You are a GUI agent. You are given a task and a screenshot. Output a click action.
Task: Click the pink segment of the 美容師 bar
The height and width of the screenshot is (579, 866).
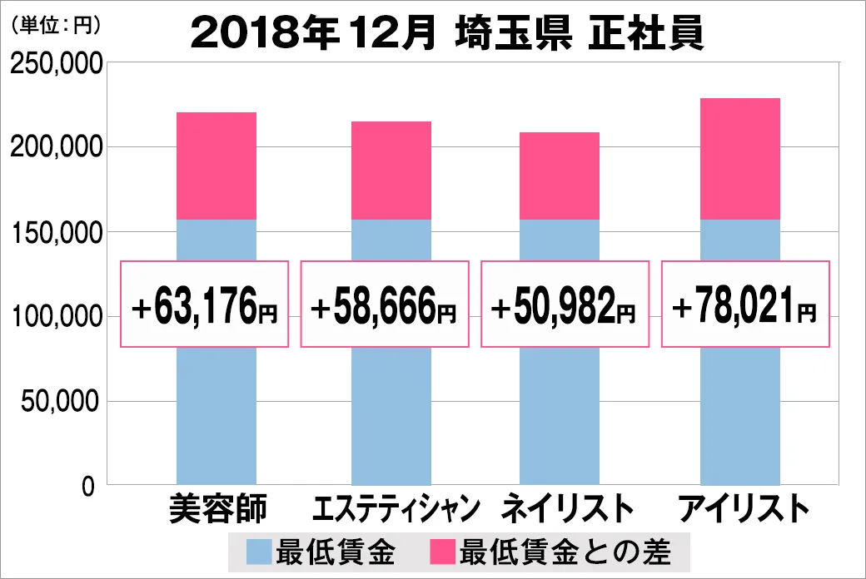pos(216,166)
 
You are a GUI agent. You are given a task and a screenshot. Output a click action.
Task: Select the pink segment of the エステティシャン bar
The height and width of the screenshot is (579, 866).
pos(391,171)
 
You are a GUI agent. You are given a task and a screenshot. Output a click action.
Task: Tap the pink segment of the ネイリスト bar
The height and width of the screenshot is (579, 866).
pos(559,176)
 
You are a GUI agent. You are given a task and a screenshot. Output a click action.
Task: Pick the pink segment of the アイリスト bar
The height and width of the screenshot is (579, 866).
pos(740,159)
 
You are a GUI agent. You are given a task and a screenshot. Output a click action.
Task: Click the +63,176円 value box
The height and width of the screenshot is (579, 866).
pos(205,304)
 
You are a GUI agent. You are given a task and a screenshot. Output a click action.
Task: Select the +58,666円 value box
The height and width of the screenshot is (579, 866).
pos(384,304)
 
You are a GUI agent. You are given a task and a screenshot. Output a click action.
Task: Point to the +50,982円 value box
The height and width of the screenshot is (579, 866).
pos(564,304)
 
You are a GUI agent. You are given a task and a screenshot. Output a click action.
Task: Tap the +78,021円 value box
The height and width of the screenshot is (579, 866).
pos(744,304)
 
